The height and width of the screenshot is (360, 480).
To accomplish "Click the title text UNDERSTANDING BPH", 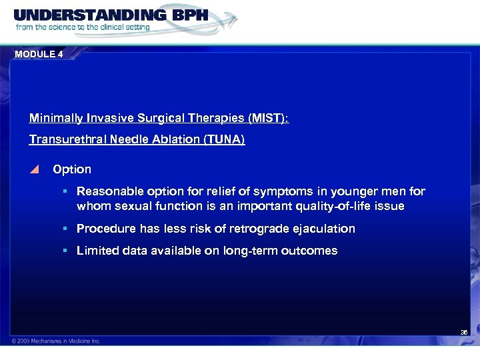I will click(110, 15).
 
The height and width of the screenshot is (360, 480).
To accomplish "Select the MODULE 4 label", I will click(38, 55).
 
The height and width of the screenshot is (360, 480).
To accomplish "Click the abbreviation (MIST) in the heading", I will click(268, 119).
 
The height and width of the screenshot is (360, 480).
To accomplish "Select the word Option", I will click(72, 169).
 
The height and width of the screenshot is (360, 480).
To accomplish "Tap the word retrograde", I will click(256, 229).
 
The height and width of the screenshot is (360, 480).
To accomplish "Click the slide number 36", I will click(464, 331).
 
